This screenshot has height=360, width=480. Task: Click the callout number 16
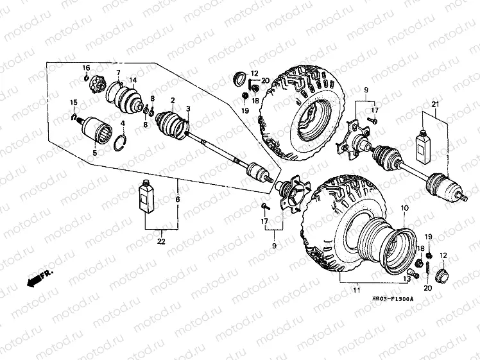click(86, 68)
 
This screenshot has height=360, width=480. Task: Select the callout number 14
click(133, 80)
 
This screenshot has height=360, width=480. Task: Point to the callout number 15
click(74, 103)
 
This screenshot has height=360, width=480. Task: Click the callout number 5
click(94, 153)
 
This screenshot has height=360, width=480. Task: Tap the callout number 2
click(173, 100)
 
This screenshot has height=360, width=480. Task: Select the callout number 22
click(161, 241)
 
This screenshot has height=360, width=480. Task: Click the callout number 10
click(404, 209)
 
